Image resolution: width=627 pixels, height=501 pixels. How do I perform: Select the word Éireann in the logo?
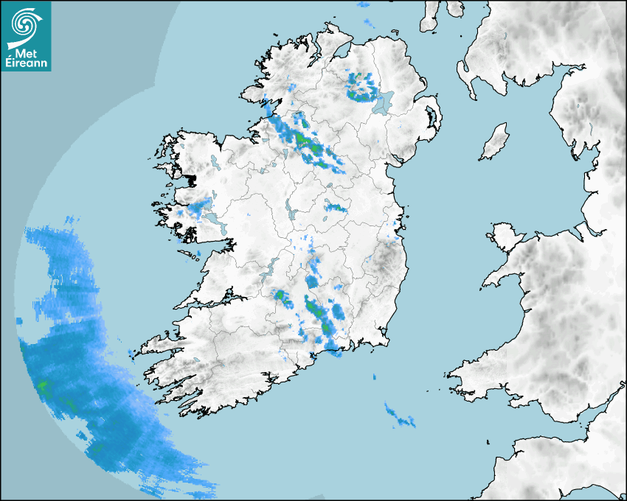coord(27,63)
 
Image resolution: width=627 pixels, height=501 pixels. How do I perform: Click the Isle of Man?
coord(495,142)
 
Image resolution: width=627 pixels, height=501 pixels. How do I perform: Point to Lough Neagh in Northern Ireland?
coord(383,102)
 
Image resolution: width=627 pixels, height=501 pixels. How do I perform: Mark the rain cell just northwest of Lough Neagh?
coord(361,88)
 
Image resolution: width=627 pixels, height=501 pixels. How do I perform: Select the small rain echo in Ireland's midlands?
coord(336,207)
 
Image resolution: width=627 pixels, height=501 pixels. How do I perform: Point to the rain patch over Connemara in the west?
coord(195,209)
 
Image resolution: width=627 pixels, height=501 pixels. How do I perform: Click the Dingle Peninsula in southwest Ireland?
coord(159,343)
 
